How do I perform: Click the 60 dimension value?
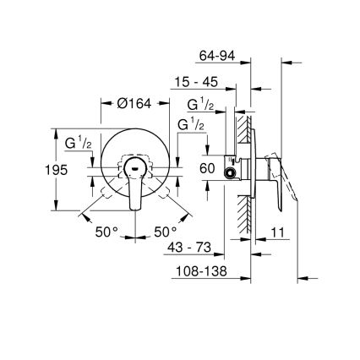(x=206, y=168)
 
